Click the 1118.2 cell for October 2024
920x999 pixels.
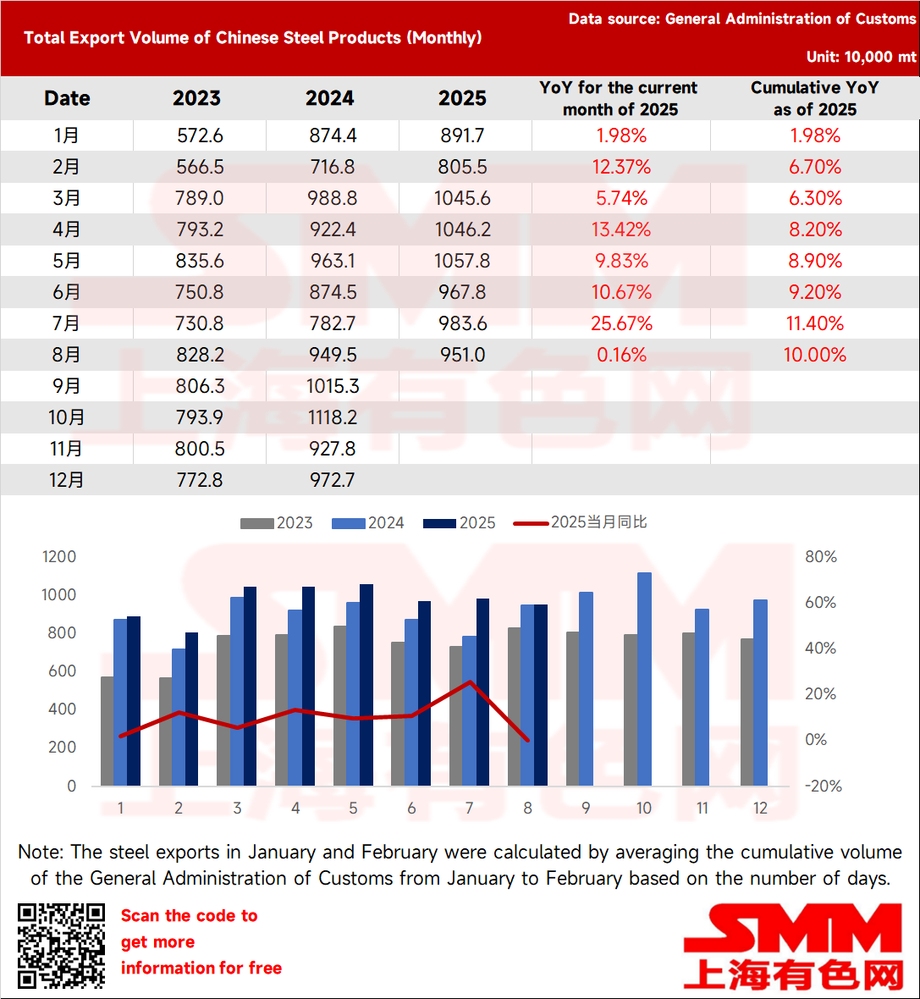click(x=333, y=417)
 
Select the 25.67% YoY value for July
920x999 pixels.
click(x=622, y=323)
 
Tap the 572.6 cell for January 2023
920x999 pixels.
click(x=200, y=135)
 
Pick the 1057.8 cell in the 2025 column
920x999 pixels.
click(x=462, y=261)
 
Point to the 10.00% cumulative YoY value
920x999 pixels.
click(x=814, y=355)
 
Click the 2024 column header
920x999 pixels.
click(x=329, y=98)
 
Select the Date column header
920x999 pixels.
click(x=67, y=98)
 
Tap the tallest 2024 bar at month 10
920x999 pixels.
click(x=644, y=677)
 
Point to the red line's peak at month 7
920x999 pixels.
click(x=470, y=682)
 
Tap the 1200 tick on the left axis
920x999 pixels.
click(x=59, y=556)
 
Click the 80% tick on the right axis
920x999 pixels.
click(x=820, y=556)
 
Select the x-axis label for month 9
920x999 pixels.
click(x=586, y=809)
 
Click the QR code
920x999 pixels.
click(x=61, y=946)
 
